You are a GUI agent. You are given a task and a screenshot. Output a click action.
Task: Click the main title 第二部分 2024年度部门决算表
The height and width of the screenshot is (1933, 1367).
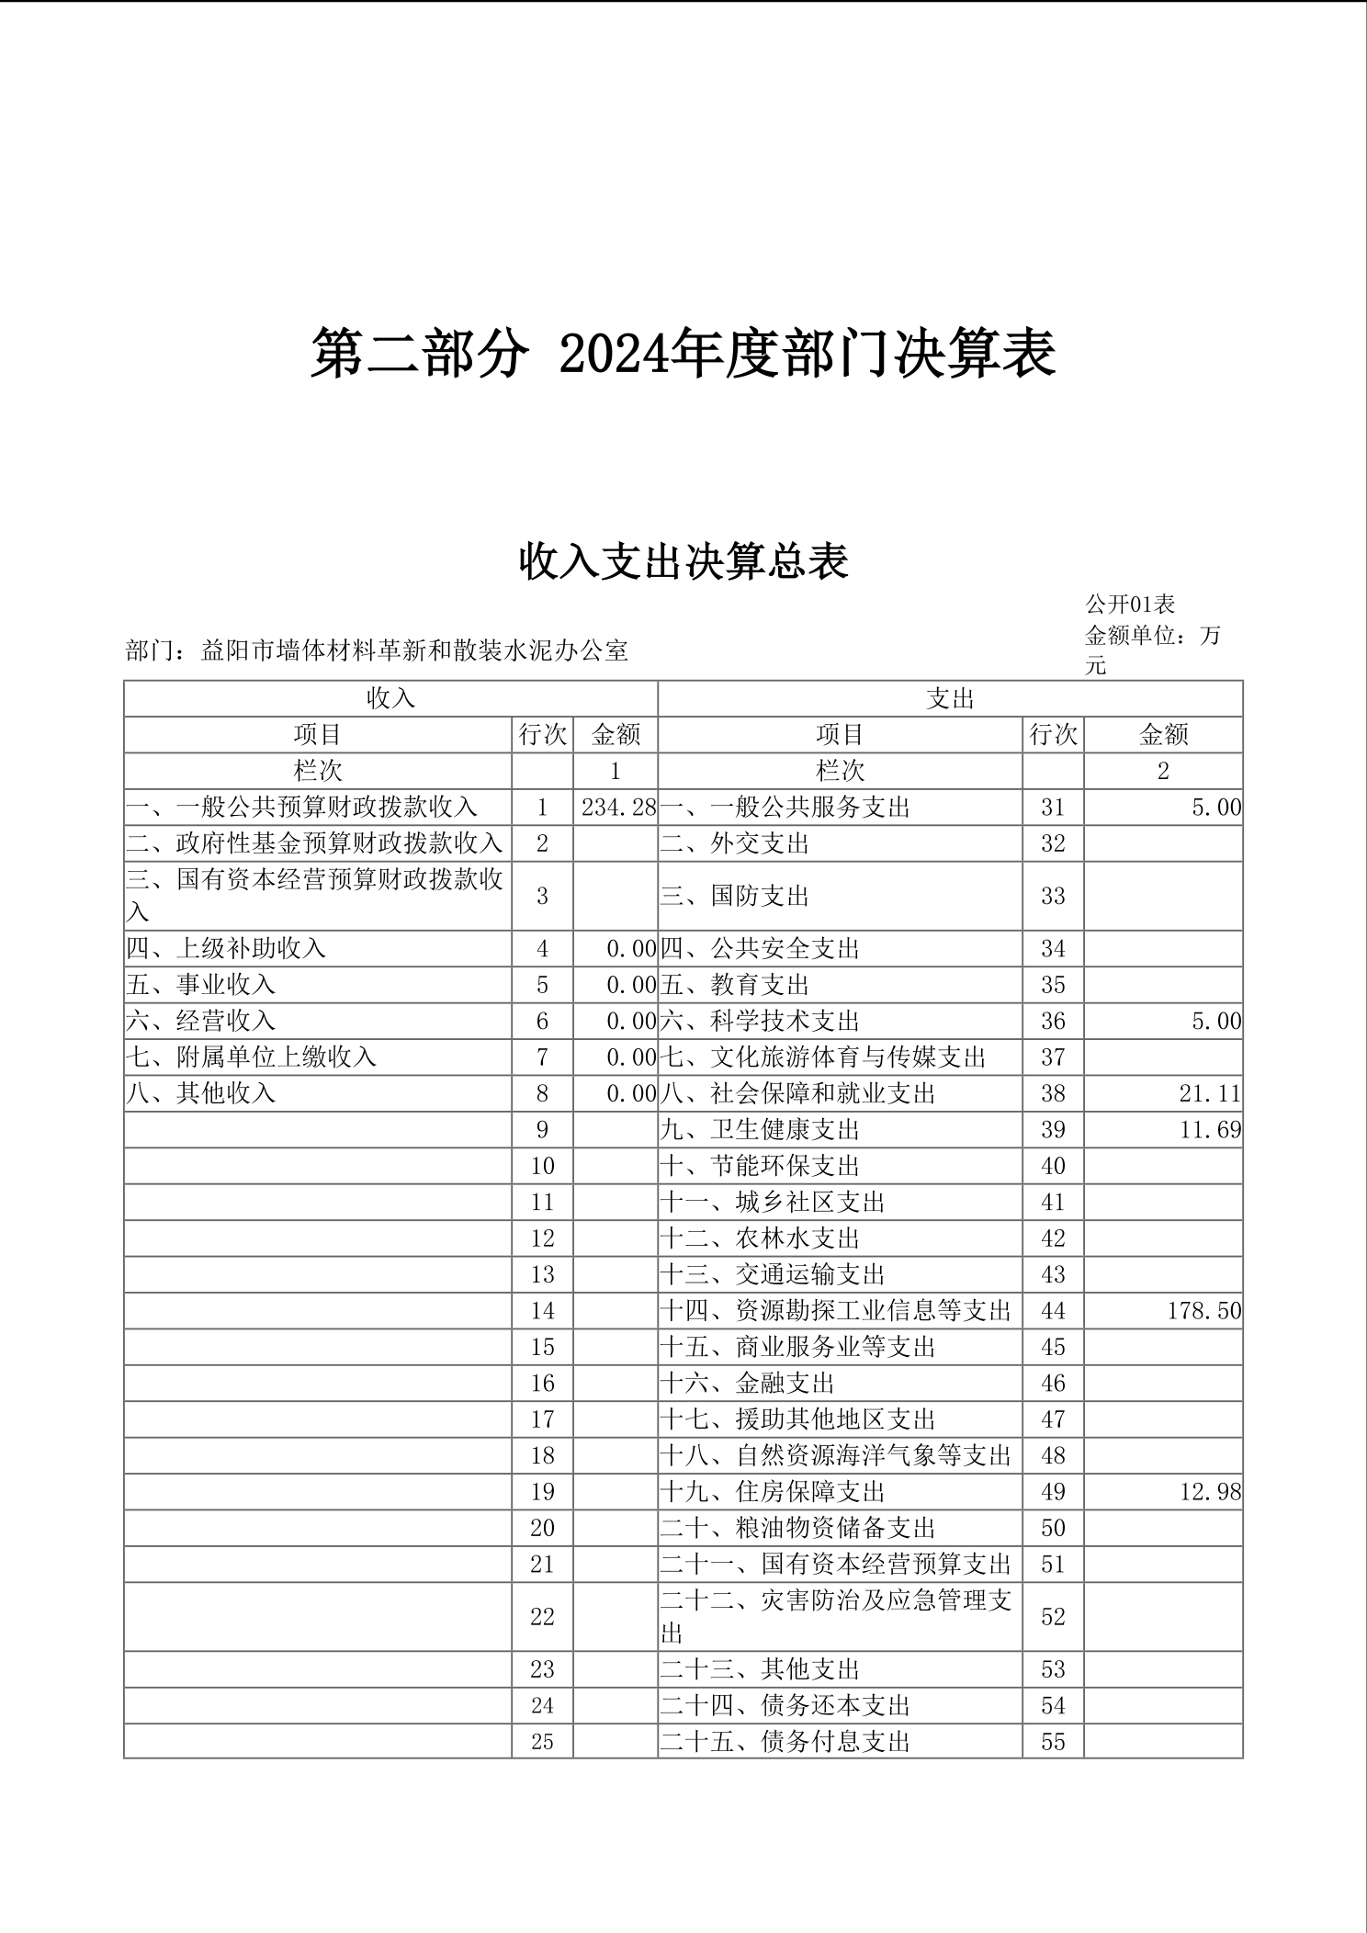(683, 354)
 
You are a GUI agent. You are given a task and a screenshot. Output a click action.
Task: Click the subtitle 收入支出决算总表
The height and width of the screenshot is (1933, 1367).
(683, 561)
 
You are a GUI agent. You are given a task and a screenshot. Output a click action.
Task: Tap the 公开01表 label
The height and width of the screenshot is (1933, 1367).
(1130, 604)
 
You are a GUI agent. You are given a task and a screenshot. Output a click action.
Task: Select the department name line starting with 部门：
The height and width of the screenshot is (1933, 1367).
(377, 651)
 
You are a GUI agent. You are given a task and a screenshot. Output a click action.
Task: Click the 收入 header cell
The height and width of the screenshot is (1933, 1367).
(390, 698)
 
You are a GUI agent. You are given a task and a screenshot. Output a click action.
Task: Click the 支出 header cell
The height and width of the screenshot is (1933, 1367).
(950, 698)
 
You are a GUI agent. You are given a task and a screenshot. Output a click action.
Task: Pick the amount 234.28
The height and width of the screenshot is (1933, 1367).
(618, 808)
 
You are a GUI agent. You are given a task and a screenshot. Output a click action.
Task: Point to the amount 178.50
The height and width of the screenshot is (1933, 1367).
(1203, 1311)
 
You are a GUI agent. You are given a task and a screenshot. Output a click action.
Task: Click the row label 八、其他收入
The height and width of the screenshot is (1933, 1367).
(201, 1093)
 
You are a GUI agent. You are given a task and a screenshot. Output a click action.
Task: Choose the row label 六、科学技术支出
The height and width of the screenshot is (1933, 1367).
(760, 1021)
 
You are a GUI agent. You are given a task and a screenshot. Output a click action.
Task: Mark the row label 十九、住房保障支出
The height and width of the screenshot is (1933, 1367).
(773, 1492)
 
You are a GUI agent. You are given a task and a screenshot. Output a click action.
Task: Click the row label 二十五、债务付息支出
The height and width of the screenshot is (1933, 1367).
(785, 1741)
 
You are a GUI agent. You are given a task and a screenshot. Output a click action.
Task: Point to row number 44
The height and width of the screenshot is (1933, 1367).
(1053, 1311)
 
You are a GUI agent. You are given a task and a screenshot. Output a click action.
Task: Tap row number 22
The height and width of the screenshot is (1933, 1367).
(542, 1616)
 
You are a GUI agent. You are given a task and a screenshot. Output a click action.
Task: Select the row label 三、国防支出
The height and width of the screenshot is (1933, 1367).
(735, 896)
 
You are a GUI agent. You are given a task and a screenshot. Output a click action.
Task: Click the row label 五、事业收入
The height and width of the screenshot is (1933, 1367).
(201, 985)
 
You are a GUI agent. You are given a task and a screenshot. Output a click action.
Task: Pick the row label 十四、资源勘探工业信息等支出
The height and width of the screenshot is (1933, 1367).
(835, 1311)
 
